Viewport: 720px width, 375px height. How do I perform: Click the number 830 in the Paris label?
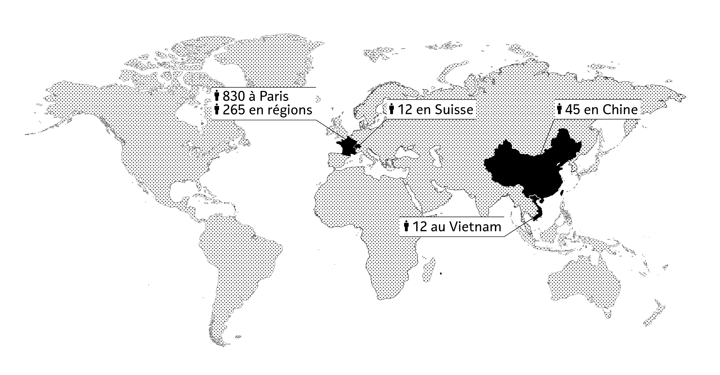(x=234, y=97)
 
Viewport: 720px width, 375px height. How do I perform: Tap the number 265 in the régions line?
(x=234, y=110)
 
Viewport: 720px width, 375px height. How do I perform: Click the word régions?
(x=290, y=110)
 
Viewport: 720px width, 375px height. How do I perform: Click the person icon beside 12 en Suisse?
(x=392, y=109)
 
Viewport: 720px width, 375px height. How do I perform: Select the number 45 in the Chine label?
(x=572, y=110)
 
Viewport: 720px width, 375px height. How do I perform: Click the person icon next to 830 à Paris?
(x=217, y=96)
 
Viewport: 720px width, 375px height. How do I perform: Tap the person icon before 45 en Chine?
(x=559, y=109)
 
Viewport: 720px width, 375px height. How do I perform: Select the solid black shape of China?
(x=531, y=170)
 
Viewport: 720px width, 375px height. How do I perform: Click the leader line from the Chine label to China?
(x=547, y=137)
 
